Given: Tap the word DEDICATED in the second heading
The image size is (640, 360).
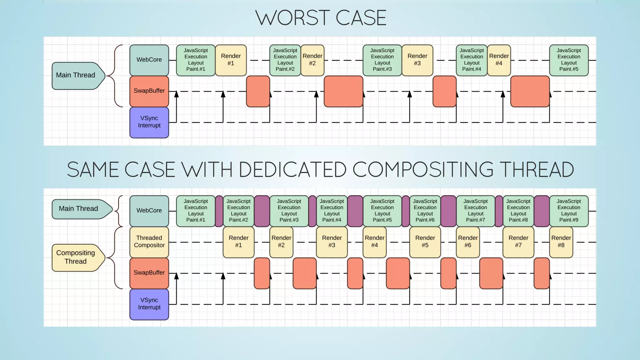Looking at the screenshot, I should pos(292,170).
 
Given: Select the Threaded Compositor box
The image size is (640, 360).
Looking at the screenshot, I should pos(149,242).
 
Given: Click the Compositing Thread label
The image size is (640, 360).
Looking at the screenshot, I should pos(76,257).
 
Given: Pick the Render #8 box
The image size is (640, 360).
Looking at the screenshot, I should pos(561,242).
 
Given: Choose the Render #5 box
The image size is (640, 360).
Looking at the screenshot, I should pos(425,242).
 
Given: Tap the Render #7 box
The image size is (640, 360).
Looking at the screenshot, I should pos(518,242).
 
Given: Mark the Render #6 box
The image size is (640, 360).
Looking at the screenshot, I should pos(468,242).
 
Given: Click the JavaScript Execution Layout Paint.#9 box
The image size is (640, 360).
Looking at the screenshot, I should pos(569,211).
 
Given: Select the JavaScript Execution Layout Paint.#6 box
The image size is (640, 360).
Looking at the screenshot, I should pos(425,211).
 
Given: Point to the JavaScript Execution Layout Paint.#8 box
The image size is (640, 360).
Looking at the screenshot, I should pos(518,211).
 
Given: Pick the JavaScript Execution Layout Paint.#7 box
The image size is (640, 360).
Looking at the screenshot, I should pos(475,211).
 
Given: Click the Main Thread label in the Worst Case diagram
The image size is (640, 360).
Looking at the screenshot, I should pos(76,75).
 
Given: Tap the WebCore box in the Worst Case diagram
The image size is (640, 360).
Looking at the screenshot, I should pos(149,60).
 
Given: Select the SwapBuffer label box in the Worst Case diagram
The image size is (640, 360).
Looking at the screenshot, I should pos(149,91).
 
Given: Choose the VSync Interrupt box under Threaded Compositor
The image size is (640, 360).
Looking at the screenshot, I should pos(149,304).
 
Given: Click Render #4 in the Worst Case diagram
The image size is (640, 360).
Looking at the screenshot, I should pos(499,60).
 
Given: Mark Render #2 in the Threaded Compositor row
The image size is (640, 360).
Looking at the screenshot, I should pos(281,242).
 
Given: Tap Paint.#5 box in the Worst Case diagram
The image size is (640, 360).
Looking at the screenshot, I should pos(569,60).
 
